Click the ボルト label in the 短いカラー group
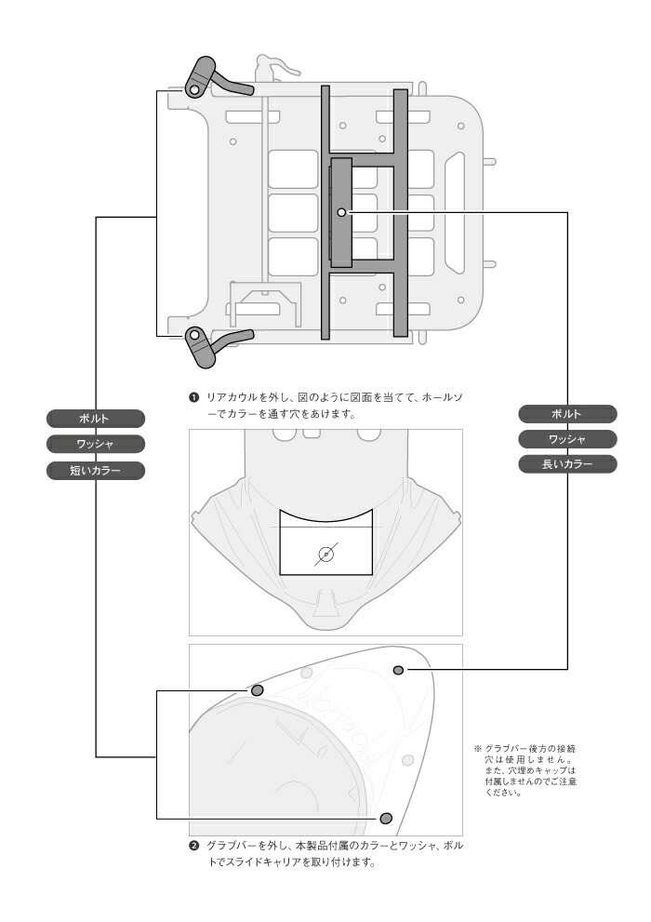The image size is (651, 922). click(96, 419)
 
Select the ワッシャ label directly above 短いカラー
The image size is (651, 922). click(96, 445)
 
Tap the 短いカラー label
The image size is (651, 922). click(96, 471)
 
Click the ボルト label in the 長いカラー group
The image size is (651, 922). click(567, 413)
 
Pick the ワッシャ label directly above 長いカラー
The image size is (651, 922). click(567, 438)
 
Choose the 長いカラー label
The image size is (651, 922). click(567, 464)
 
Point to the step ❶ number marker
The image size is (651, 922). click(193, 397)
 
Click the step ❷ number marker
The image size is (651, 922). click(193, 847)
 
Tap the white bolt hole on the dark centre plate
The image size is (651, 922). click(342, 213)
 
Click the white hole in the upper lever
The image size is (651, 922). click(194, 89)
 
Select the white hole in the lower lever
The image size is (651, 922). click(195, 337)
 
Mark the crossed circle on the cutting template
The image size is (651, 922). click(325, 555)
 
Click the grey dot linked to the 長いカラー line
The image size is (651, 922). click(399, 669)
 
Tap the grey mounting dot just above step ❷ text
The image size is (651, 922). click(386, 818)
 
